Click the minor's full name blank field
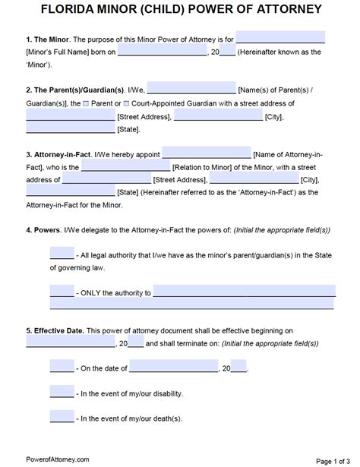click(x=280, y=37)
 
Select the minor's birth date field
click(x=162, y=52)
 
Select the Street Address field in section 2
click(x=70, y=116)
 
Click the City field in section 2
click(x=218, y=116)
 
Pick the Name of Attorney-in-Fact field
click(x=207, y=152)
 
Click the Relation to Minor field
click(x=125, y=166)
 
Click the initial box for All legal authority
click(x=62, y=252)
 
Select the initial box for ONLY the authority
click(x=62, y=290)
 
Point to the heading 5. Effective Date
click(x=54, y=331)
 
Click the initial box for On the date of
click(x=62, y=367)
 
